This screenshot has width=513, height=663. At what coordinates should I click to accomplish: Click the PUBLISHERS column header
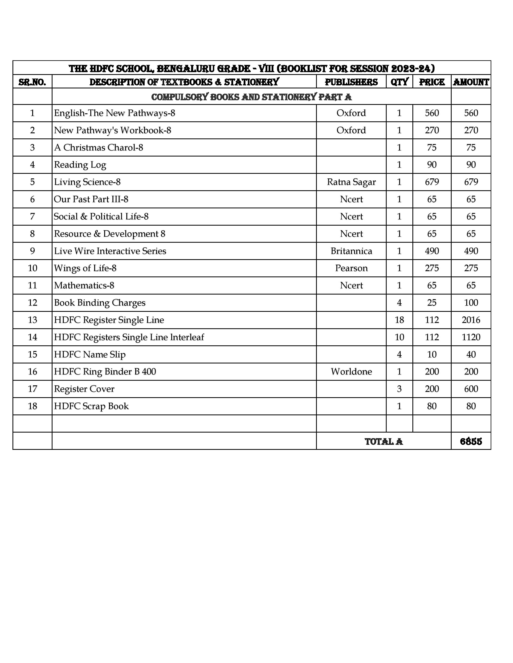pyautogui.click(x=351, y=82)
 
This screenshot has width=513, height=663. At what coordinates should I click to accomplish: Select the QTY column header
pyautogui.click(x=399, y=82)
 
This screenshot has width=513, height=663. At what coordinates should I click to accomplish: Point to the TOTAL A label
pyautogui.click(x=383, y=441)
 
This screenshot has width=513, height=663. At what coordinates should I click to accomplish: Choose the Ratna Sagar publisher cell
pyautogui.click(x=351, y=182)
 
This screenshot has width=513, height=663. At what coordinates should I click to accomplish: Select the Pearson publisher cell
pyautogui.click(x=351, y=268)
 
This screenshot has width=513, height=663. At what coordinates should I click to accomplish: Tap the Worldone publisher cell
pyautogui.click(x=351, y=371)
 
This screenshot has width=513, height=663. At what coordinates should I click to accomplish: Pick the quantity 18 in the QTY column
pyautogui.click(x=399, y=320)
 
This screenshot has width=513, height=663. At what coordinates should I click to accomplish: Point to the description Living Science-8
pyautogui.click(x=87, y=182)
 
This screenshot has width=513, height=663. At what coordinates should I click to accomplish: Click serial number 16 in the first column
pyautogui.click(x=33, y=371)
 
